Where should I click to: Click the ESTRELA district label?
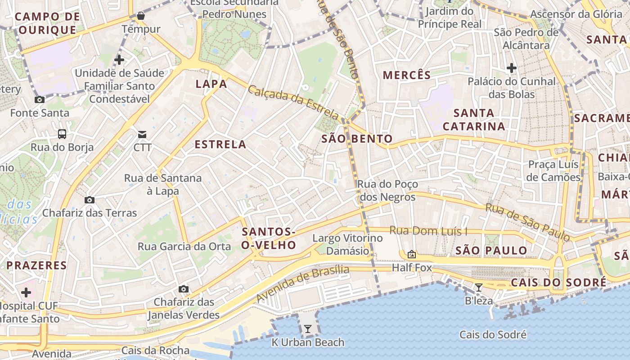220,144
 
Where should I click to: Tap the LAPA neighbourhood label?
211,84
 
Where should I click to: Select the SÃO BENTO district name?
357,139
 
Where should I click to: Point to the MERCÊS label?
407,75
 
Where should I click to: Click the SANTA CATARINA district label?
474,120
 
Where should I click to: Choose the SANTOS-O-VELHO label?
269,238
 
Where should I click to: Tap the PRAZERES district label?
36,265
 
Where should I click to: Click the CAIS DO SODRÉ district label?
558,283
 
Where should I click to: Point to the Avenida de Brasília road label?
303,283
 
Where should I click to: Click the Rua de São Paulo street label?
528,222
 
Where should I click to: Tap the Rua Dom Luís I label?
428,231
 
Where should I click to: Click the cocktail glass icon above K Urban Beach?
307,329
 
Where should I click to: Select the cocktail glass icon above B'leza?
479,288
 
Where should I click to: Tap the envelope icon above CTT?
142,134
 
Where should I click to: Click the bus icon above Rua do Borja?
62,134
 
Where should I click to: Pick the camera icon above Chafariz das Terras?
90,200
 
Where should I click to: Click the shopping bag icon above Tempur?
141,16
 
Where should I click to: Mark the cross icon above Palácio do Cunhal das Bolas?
511,68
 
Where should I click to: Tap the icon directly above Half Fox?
411,254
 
